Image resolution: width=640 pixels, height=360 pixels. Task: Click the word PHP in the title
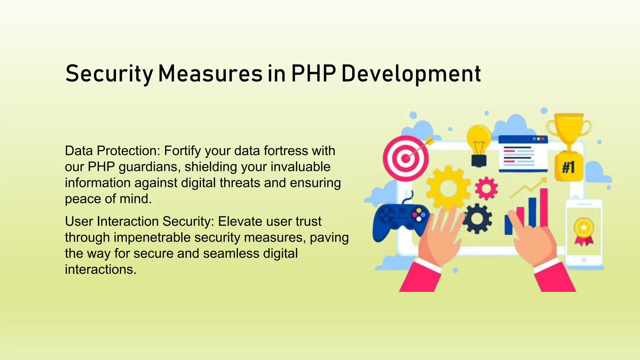pos(313,73)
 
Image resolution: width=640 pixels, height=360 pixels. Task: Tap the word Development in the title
pos(411,74)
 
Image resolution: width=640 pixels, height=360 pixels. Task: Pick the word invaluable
pos(300,167)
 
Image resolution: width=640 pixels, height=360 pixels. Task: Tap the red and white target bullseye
pos(406,158)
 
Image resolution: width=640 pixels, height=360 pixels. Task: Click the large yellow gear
pos(448,188)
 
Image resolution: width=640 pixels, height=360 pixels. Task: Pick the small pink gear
pos(486,188)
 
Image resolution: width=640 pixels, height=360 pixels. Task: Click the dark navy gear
pos(477,218)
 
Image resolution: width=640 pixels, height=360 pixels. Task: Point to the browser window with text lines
pos(523,154)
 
